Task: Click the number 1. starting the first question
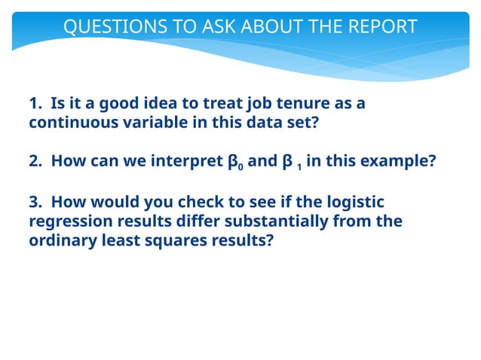tap(35, 103)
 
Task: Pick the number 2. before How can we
tap(35, 162)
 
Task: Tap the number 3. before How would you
tap(35, 202)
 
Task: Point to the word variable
tap(152, 123)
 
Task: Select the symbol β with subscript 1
tap(288, 162)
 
